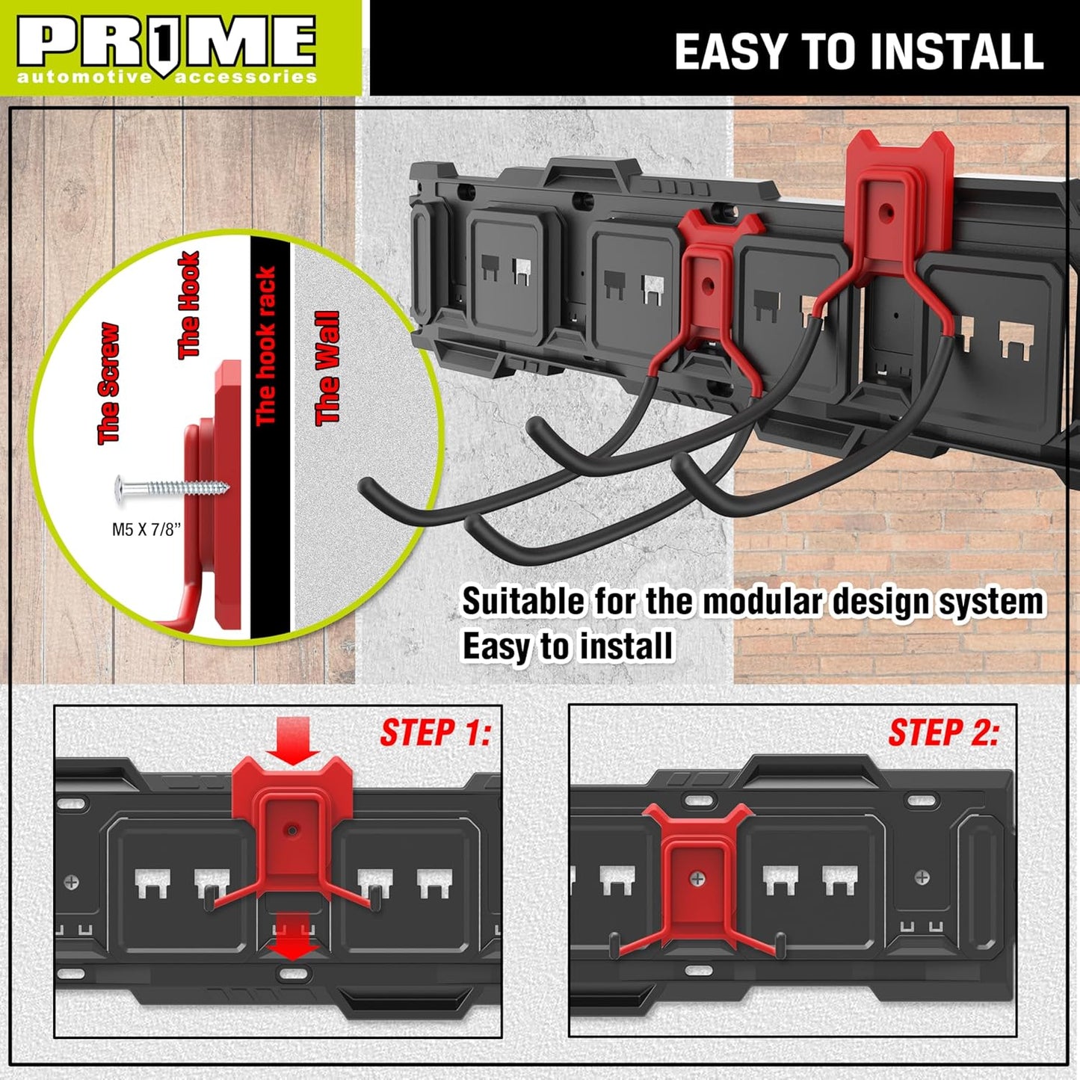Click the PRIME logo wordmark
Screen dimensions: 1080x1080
(x=166, y=43)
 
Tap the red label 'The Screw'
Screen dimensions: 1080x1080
(x=108, y=383)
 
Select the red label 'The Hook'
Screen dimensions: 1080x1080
(x=189, y=305)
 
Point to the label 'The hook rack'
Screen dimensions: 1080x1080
(x=266, y=346)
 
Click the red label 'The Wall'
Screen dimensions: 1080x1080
(x=327, y=368)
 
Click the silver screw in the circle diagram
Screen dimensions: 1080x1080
(x=172, y=488)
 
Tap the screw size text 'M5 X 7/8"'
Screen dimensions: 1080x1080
(x=146, y=530)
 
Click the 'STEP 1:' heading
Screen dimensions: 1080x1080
(x=435, y=732)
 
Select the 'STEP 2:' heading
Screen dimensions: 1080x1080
(x=943, y=732)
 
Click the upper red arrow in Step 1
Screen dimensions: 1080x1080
(x=293, y=740)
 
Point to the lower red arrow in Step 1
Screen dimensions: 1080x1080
(x=291, y=936)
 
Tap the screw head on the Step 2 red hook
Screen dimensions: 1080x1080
(x=697, y=879)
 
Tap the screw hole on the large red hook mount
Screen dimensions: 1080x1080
(x=889, y=212)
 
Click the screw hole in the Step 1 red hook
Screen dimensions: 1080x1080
(x=292, y=830)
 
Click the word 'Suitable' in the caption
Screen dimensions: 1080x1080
(x=522, y=602)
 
